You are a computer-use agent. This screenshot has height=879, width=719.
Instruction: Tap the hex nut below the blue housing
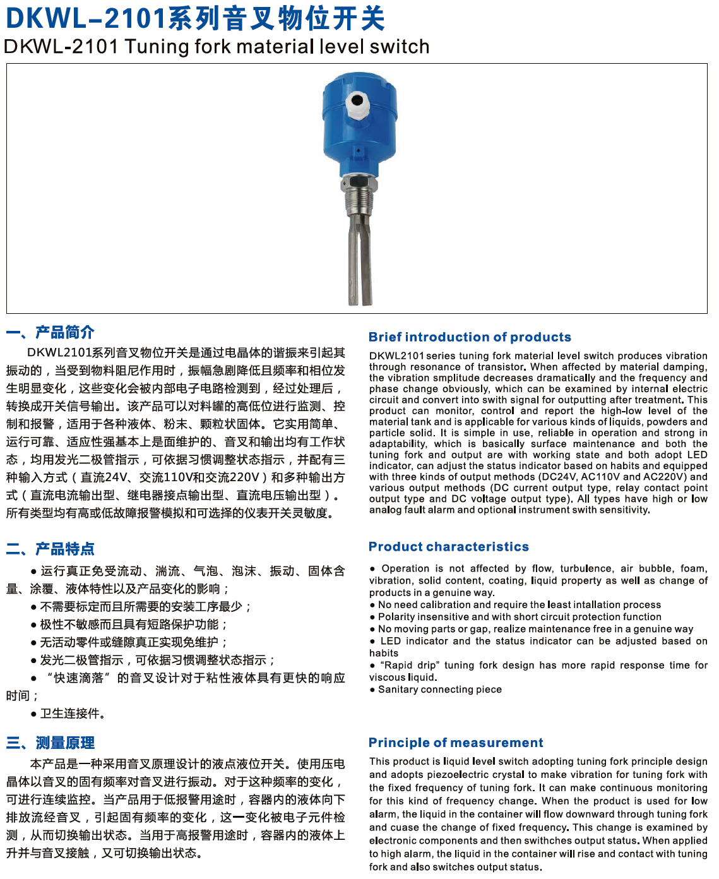[x=359, y=184]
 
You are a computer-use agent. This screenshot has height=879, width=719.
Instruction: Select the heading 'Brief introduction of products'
[x=470, y=337]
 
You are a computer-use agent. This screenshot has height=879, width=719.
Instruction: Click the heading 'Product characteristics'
[x=448, y=547]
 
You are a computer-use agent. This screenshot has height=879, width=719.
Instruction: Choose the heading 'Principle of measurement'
[x=455, y=743]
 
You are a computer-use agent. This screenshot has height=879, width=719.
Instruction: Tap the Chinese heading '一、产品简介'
[x=51, y=332]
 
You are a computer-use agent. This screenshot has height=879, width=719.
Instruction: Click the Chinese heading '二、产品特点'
[x=51, y=549]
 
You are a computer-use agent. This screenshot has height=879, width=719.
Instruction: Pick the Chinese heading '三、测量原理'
[x=51, y=743]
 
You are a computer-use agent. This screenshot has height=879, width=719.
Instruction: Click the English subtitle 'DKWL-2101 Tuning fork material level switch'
[x=217, y=47]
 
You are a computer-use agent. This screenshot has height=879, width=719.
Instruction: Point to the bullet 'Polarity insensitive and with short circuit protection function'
[x=519, y=617]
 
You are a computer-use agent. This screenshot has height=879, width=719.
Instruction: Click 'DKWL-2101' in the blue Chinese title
[x=86, y=19]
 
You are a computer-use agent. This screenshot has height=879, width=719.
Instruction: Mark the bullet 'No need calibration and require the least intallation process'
[x=519, y=605]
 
